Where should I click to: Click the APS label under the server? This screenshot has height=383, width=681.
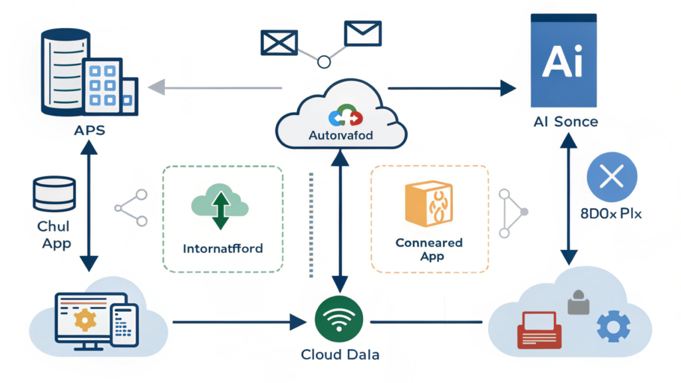(x=89, y=130)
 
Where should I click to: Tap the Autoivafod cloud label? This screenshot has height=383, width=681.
(x=341, y=135)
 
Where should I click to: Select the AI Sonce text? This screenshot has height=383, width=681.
(x=565, y=122)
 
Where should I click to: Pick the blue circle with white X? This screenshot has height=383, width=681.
(x=612, y=176)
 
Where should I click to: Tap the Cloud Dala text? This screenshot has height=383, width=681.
(x=340, y=355)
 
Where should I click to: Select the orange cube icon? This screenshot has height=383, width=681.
(x=428, y=203)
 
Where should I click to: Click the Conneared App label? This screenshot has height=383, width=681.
(x=428, y=249)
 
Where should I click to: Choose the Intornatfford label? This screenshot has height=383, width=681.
(x=222, y=249)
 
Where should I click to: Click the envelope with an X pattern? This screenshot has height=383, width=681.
(x=278, y=42)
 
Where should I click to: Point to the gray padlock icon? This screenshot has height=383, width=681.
(x=579, y=303)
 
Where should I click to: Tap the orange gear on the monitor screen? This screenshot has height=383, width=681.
(x=84, y=320)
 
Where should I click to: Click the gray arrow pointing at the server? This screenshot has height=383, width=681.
(x=213, y=87)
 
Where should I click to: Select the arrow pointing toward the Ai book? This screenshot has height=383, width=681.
(x=452, y=87)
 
